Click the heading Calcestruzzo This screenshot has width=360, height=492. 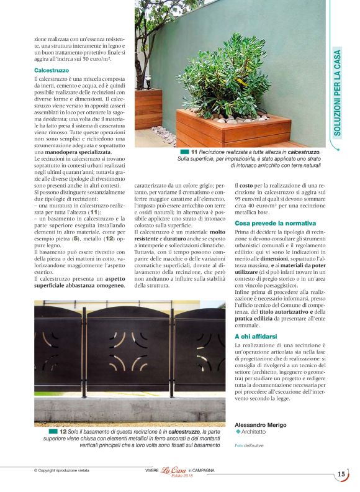click(x=52, y=71)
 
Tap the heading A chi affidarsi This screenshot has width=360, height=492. click(x=256, y=336)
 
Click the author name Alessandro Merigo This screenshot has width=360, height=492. click(x=261, y=424)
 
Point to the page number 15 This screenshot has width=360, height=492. click(x=341, y=474)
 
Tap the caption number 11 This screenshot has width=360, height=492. click(x=194, y=152)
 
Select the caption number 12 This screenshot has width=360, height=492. click(x=63, y=430)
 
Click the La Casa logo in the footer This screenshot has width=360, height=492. click(x=174, y=471)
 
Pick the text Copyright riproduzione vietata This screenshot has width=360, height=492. click(x=62, y=471)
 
